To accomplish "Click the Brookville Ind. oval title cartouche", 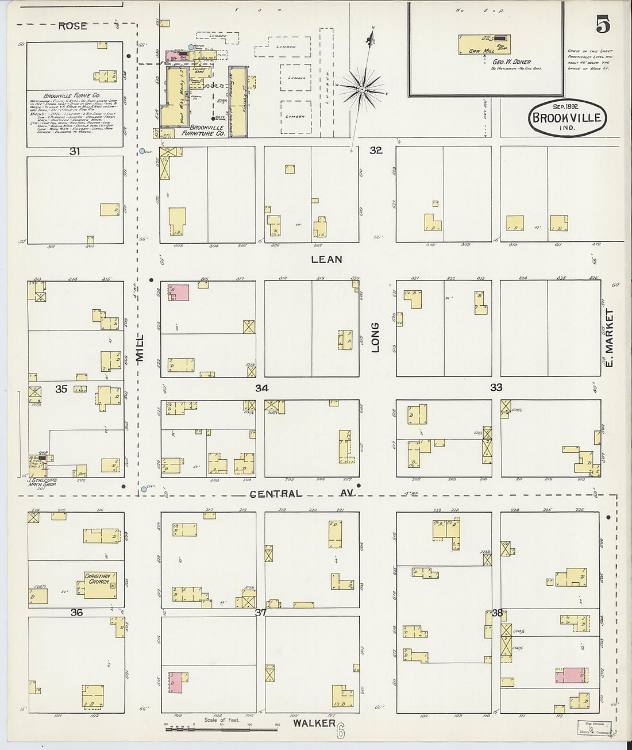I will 567,118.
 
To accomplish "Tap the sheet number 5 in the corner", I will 603,25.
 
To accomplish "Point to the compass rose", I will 363,89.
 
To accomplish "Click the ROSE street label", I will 72,26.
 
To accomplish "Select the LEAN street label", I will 326,259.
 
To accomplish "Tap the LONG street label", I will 375,337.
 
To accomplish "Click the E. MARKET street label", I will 610,338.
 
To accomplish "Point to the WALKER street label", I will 314,722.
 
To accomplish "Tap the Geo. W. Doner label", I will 511,61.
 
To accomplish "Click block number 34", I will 261,389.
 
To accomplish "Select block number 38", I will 497,613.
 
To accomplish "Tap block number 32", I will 376,151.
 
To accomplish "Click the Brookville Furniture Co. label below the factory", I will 207,130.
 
